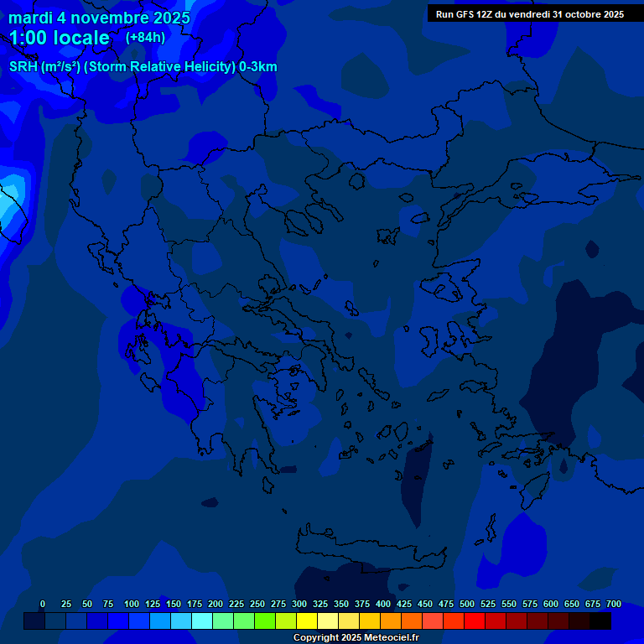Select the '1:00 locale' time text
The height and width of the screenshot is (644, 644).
click(x=59, y=38)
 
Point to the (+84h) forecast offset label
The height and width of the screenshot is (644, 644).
click(x=145, y=37)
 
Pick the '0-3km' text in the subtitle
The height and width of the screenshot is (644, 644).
click(x=258, y=67)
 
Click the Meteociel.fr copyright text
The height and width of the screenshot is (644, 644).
click(x=356, y=637)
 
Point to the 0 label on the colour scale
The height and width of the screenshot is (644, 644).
click(x=43, y=604)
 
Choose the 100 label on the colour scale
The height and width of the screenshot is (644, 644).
click(x=132, y=604)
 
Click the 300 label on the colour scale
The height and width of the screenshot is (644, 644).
click(x=299, y=604)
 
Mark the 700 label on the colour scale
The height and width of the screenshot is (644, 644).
click(x=614, y=604)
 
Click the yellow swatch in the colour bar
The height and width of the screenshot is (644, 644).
click(x=307, y=621)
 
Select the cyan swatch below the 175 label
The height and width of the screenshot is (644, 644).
click(x=202, y=621)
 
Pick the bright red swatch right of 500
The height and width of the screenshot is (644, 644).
click(x=475, y=621)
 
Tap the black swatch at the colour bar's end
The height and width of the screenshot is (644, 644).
click(x=600, y=621)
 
